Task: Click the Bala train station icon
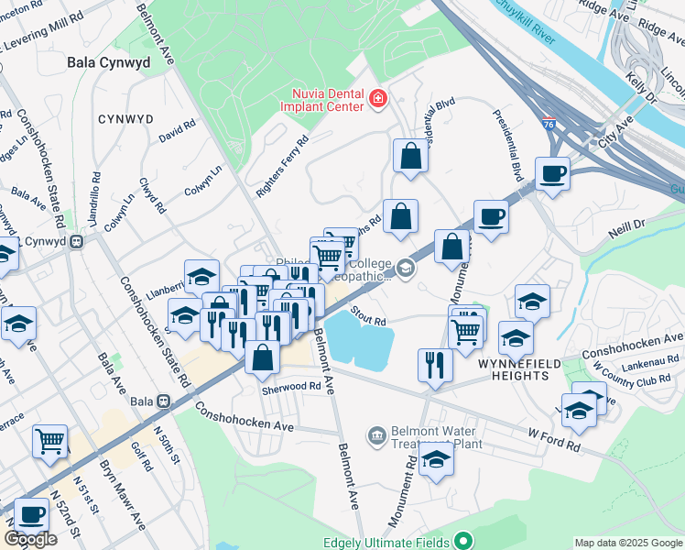[164, 401]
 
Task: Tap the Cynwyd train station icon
[79, 242]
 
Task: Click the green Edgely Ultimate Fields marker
[465, 542]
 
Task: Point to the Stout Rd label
[367, 316]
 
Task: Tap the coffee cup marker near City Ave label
[552, 174]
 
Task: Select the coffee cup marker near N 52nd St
[32, 516]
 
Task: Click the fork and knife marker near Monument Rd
[434, 365]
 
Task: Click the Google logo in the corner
[30, 539]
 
